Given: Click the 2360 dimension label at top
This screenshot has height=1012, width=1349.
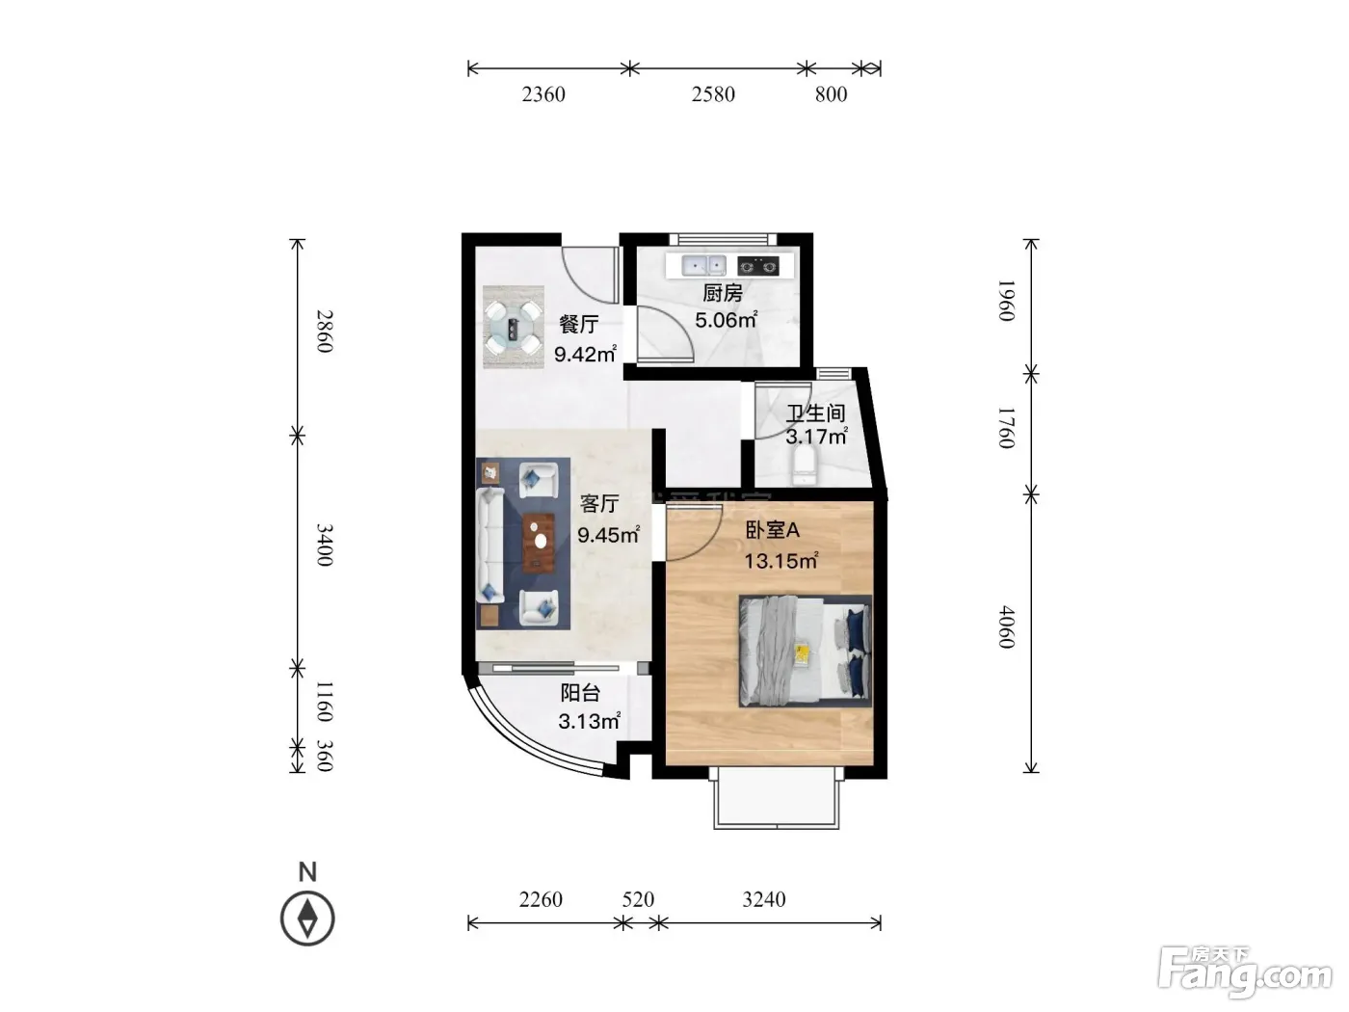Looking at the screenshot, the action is [x=543, y=94].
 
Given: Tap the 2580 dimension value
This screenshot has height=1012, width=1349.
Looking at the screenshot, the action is [x=713, y=94].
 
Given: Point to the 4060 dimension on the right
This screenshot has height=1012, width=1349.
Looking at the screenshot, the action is [x=1005, y=626].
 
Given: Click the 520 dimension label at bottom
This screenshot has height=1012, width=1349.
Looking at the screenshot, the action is [x=638, y=899].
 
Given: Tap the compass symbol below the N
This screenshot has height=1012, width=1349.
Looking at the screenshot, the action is [x=307, y=919].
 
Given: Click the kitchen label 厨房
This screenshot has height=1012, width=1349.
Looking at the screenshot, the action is [x=722, y=293].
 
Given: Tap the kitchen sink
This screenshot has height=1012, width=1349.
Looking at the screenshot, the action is [x=704, y=266].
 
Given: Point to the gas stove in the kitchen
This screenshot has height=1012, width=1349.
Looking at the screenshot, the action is [x=757, y=266].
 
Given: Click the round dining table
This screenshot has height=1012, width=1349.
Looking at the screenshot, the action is [x=514, y=327].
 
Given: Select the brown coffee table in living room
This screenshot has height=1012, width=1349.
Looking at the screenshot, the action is [x=539, y=543].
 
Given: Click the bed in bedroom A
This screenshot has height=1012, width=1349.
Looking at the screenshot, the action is [x=806, y=652].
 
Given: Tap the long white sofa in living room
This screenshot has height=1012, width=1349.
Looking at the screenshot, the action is [x=489, y=545].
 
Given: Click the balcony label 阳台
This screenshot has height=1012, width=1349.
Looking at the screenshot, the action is [x=579, y=693].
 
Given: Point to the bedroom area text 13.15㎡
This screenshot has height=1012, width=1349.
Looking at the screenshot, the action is [x=781, y=561].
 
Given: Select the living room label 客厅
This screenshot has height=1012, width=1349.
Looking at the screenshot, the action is [x=599, y=504].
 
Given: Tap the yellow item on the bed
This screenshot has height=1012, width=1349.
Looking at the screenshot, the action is [x=802, y=653].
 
